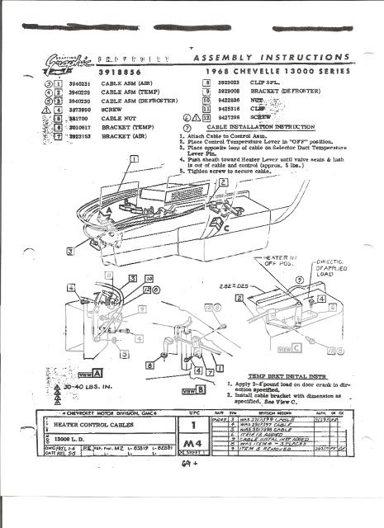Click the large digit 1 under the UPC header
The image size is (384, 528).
(191, 427)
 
